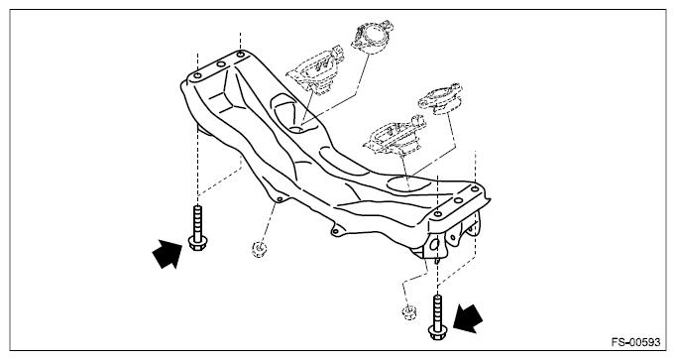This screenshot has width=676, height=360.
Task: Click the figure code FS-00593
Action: [636, 343]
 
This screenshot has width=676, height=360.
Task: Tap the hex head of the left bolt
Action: [196, 244]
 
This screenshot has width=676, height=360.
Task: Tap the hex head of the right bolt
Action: [437, 332]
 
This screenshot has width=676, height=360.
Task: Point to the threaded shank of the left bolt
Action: [196, 221]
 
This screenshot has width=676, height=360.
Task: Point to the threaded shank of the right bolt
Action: [437, 310]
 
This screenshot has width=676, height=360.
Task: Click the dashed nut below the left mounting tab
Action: [259, 249]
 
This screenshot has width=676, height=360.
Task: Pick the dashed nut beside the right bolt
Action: [408, 311]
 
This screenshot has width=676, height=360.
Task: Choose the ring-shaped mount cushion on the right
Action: [441, 98]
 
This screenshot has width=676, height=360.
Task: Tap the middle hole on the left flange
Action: [221, 64]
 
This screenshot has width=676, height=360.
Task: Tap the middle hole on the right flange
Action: [458, 200]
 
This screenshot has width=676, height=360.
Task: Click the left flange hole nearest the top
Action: [242, 55]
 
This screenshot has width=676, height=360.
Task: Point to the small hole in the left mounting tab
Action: [280, 199]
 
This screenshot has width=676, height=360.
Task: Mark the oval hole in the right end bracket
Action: [434, 244]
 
